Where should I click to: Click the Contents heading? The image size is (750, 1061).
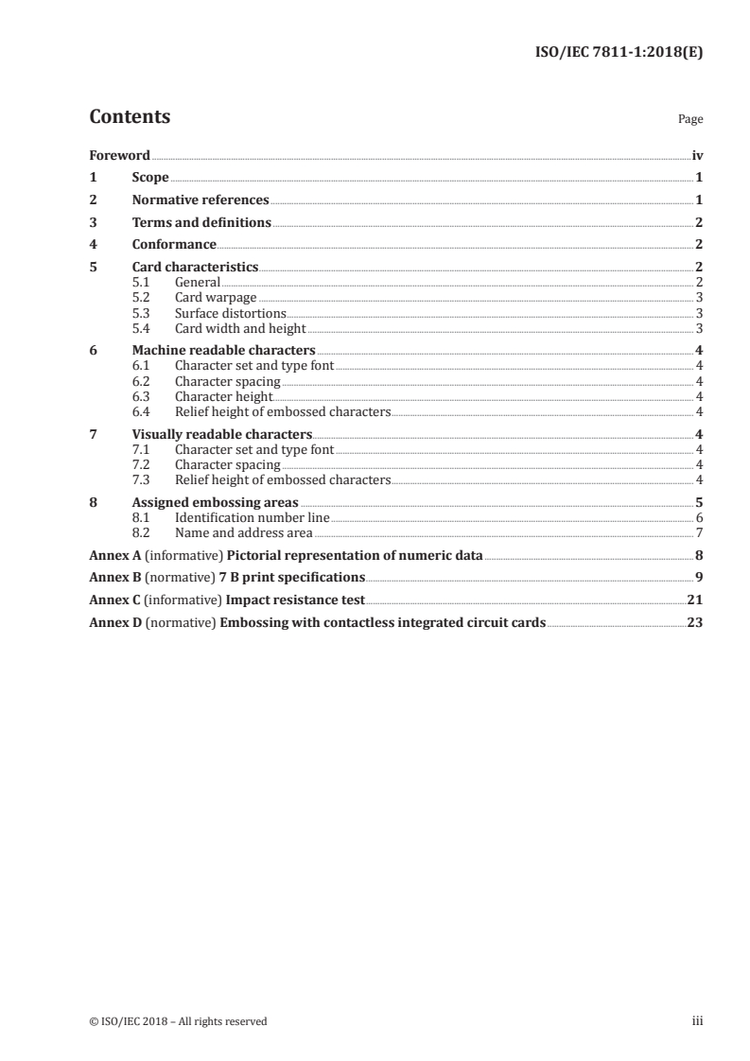tap(130, 117)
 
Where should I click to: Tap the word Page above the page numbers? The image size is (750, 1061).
tap(689, 120)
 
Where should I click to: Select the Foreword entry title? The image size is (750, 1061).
tap(119, 155)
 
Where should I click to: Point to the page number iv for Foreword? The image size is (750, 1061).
tap(696, 155)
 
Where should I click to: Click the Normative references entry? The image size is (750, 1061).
tap(201, 200)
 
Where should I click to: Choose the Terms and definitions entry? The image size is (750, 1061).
tap(201, 223)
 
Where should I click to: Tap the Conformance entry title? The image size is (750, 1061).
tap(174, 245)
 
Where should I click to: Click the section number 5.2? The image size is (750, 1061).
tap(140, 298)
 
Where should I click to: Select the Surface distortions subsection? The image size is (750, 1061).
tap(230, 313)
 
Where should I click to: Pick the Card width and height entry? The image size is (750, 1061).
tap(240, 328)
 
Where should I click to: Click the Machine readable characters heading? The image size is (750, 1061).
tap(223, 351)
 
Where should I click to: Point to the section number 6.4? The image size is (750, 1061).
tap(140, 411)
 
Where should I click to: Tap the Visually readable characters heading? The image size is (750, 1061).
tap(222, 434)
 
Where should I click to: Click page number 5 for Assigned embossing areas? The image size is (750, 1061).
tap(698, 502)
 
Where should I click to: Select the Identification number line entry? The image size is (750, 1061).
tap(252, 517)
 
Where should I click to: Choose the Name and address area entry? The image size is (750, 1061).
tap(243, 532)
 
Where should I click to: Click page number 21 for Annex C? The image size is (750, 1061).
tap(694, 600)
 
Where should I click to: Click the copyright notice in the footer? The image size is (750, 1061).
tap(178, 1020)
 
